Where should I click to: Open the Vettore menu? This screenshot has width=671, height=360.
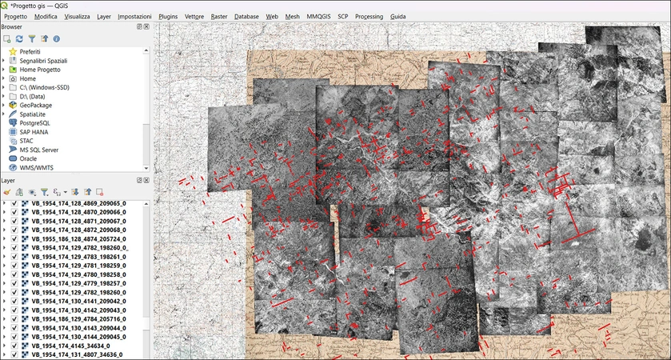(x=194, y=16)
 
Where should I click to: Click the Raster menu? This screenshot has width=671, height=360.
(x=219, y=16)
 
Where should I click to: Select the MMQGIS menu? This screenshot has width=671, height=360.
(x=318, y=16)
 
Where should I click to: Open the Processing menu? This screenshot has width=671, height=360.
(x=369, y=16)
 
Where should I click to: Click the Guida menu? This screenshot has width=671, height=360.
(x=398, y=16)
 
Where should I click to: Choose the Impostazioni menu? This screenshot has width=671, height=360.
(x=134, y=16)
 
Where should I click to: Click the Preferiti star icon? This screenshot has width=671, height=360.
(x=13, y=51)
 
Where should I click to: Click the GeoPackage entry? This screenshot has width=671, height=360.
(x=36, y=105)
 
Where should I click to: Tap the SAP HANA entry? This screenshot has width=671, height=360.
(x=34, y=132)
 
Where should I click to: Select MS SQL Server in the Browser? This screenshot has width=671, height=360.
(x=39, y=150)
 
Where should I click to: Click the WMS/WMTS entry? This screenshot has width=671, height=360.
(x=36, y=167)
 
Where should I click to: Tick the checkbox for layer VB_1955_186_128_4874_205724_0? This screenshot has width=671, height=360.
(x=14, y=238)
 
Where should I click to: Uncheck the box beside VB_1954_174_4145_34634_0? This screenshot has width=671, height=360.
(x=14, y=345)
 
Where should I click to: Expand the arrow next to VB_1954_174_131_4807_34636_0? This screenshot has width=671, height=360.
(x=4, y=354)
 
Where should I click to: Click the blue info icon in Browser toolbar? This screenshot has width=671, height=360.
(x=57, y=38)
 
